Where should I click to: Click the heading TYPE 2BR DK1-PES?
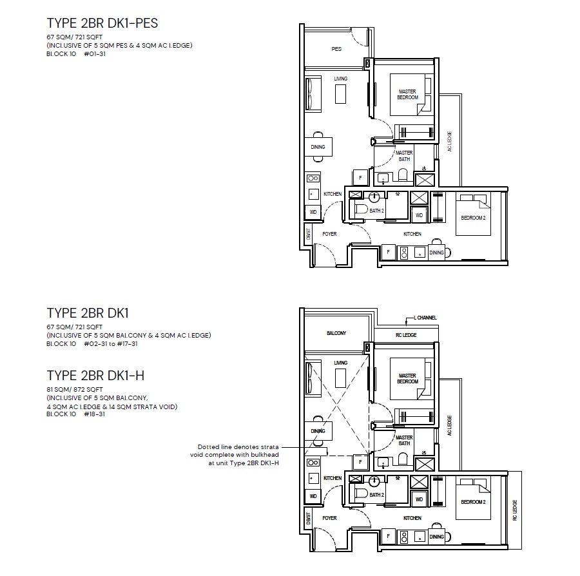click(102, 23)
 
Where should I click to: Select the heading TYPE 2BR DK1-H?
click(95, 376)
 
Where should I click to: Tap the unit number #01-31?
click(95, 54)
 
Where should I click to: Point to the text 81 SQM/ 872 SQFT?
click(75, 390)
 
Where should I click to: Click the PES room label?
click(336, 49)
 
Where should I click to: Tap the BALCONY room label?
click(336, 333)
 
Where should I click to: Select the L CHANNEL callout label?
click(425, 318)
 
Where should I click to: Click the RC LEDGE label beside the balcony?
click(406, 335)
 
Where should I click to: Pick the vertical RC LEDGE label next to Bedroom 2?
click(515, 510)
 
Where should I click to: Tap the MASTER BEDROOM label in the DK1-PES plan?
click(408, 94)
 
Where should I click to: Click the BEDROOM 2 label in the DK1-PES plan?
click(473, 218)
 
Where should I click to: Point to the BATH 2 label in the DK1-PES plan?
click(376, 211)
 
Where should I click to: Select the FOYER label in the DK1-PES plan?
click(329, 234)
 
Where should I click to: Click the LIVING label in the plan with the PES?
click(341, 79)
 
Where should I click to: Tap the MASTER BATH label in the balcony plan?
click(404, 440)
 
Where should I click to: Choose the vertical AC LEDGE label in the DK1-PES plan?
click(449, 141)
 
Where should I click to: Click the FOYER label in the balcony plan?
click(329, 518)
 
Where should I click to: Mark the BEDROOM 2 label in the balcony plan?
click(473, 502)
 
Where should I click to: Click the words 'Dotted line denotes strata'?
click(238, 447)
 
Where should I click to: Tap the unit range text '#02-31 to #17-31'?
click(111, 344)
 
